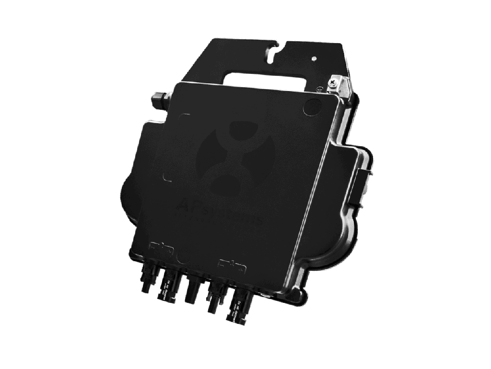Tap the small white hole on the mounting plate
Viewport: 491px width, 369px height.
tap(314, 59)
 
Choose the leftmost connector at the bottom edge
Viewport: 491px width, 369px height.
tap(146, 281)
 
